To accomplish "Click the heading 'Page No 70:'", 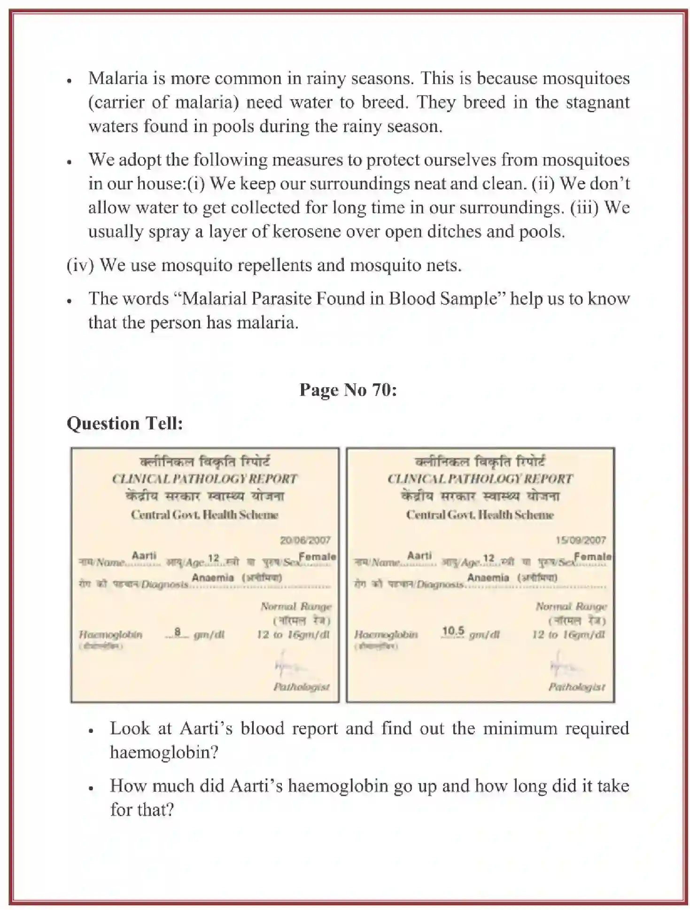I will click(348, 390).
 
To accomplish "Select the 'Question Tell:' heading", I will click(124, 424).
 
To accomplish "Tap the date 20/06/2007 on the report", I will click(305, 540).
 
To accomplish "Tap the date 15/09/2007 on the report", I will click(581, 540).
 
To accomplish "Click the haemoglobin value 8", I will click(178, 632).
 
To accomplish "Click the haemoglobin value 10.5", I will click(453, 631).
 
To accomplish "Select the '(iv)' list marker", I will click(80, 265).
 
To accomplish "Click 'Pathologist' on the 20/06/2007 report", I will click(302, 687).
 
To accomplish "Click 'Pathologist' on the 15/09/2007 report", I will click(577, 687).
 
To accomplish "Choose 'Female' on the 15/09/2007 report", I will click(593, 557).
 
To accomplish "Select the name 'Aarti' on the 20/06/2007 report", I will click(144, 556).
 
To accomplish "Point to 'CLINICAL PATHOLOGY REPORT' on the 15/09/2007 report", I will click(480, 479).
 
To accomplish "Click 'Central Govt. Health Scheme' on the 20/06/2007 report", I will click(204, 515).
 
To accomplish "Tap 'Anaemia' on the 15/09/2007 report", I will click(488, 577).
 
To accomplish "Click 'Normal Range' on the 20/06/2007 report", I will click(296, 607).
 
